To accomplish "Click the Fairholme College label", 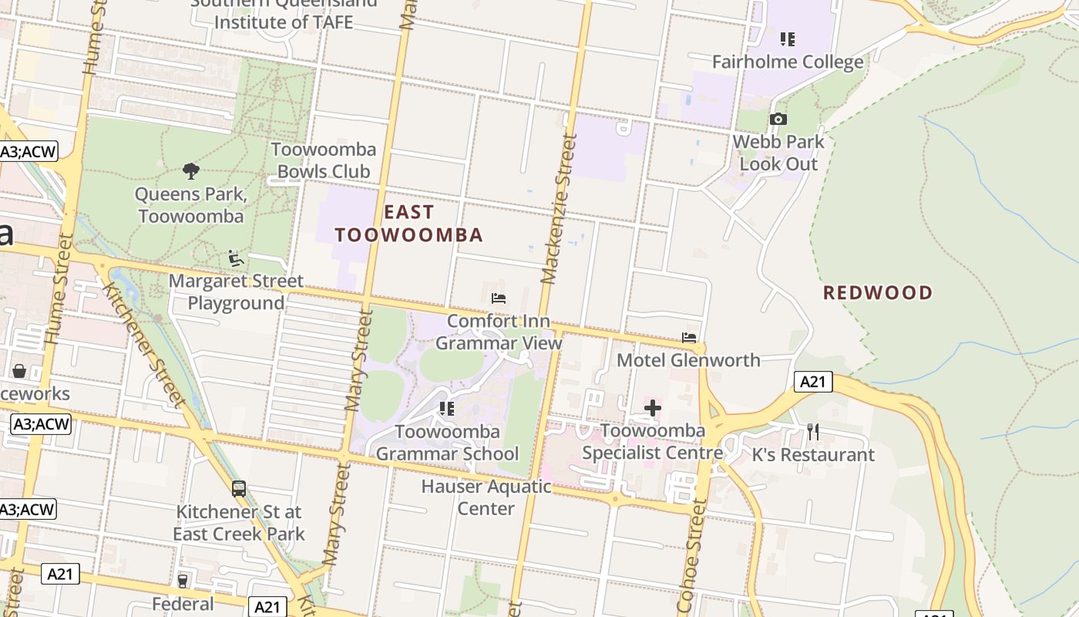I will point(788,62).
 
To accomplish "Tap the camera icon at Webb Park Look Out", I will point(778,120).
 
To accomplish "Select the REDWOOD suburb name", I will point(878,293).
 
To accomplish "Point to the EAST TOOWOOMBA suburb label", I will point(408,224).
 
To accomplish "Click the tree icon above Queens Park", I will point(191,171).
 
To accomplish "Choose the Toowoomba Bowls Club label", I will point(324,160).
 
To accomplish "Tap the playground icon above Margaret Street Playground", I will point(236,258).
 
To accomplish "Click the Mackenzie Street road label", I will point(559,208).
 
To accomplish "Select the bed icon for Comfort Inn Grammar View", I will point(499,298).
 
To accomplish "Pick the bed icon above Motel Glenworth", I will point(689,338).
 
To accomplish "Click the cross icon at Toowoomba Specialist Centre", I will point(653,408).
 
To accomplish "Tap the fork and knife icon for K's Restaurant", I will point(813,432).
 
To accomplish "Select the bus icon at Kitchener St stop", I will point(239,488).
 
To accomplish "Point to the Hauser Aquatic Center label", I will point(486,497).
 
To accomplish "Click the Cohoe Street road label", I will point(691,555).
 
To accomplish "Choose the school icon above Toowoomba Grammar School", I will point(446,409).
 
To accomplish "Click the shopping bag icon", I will point(19,371).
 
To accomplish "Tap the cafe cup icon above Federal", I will point(183,581).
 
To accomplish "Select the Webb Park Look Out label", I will point(778,153).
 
